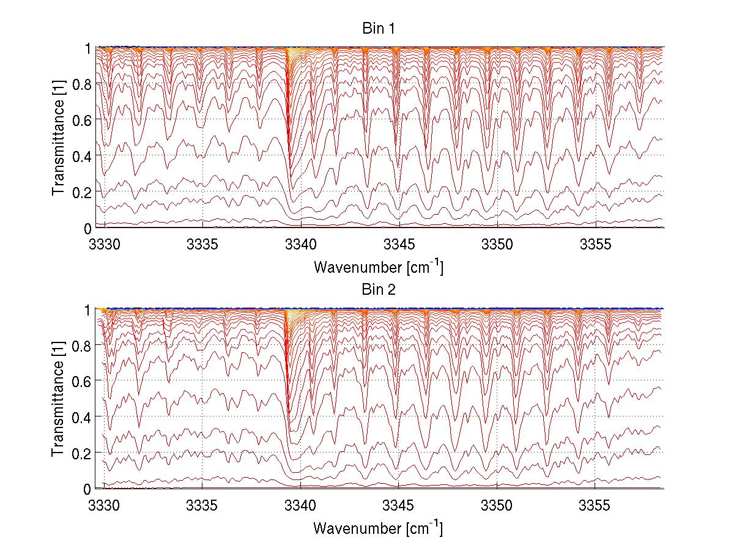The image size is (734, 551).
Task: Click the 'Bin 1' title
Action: tap(379, 29)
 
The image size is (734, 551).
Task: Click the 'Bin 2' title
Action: tap(379, 290)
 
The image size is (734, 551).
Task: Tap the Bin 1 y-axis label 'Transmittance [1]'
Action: tap(59, 138)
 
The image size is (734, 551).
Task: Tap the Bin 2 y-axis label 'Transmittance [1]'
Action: tap(59, 399)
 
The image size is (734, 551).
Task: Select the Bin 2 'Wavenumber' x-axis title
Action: tap(378, 528)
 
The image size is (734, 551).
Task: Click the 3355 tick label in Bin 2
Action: tap(595, 507)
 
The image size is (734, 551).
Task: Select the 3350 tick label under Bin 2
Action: tap(497, 507)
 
